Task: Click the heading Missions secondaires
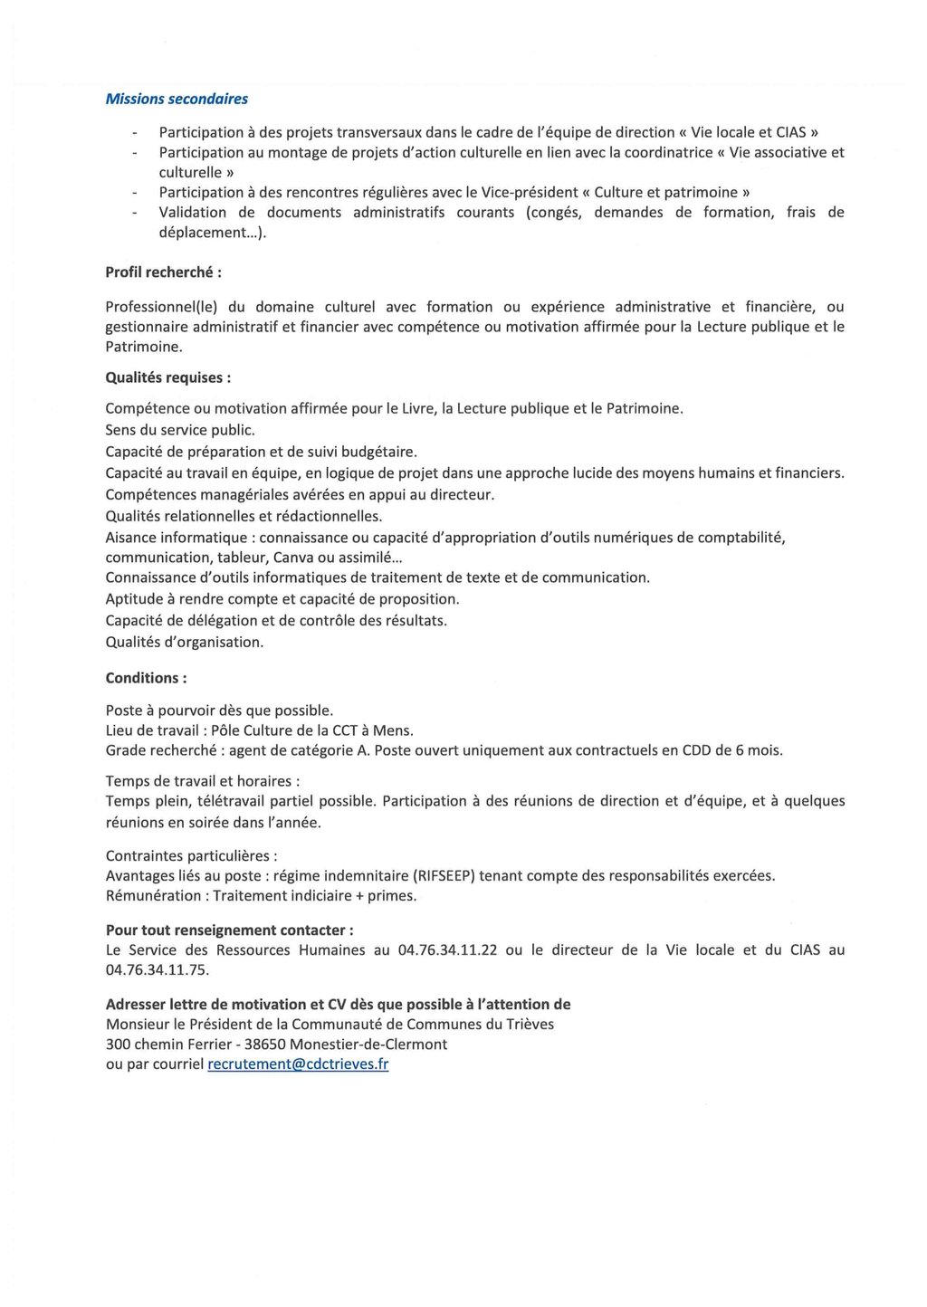point(177,99)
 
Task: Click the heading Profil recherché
point(163,272)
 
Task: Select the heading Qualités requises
point(167,377)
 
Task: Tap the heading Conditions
point(146,677)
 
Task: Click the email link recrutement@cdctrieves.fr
point(298,1064)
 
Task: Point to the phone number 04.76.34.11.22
point(447,949)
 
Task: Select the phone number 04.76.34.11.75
point(157,969)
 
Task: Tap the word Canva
point(293,558)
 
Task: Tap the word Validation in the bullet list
point(192,212)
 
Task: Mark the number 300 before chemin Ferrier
point(119,1044)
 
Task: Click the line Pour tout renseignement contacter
point(229,930)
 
